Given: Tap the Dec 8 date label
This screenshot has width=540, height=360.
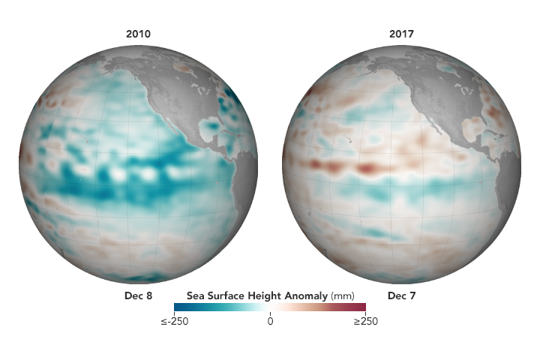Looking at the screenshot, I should [139, 295].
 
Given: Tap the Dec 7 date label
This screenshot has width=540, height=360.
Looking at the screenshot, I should [402, 295].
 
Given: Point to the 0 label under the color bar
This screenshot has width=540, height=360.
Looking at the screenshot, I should [270, 321].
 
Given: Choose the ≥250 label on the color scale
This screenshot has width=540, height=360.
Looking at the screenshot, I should [365, 321].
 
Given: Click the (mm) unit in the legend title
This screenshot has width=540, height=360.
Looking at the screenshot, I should [341, 295].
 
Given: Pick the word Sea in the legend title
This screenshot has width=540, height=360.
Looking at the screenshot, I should [195, 295].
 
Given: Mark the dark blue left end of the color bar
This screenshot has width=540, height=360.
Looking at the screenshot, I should [178, 306].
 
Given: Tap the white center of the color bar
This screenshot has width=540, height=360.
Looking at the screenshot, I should [270, 306].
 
